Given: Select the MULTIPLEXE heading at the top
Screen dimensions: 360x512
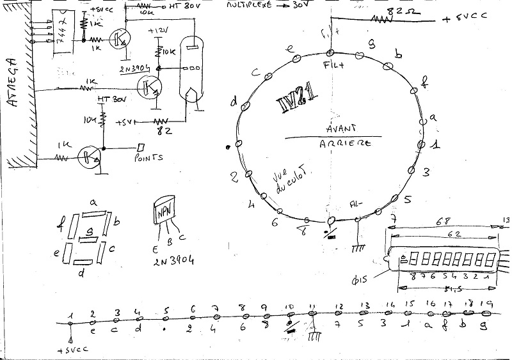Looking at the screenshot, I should coord(250,5).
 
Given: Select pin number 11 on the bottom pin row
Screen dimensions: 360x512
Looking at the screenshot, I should coord(312,306).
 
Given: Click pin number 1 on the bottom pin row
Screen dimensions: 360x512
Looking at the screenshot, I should coord(72,315).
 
